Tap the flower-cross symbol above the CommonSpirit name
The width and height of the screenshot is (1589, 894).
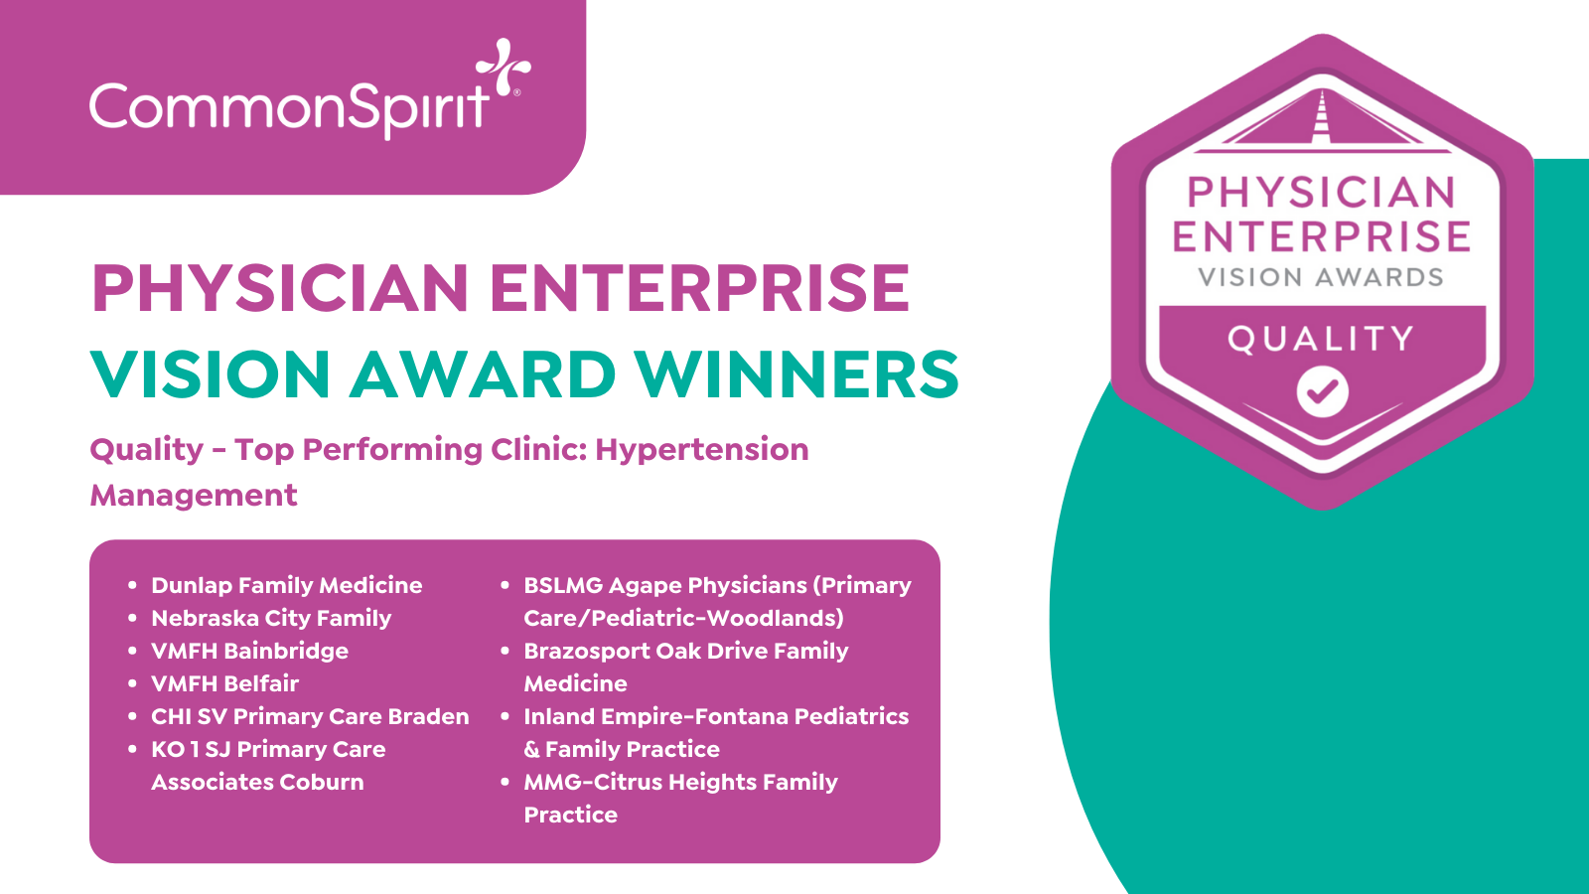tap(503, 66)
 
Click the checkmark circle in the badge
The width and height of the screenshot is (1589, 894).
tap(1322, 391)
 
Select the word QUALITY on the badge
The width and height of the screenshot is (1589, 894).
tap(1321, 339)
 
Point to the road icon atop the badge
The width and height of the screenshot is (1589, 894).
tap(1322, 121)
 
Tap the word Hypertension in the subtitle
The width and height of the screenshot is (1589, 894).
tap(701, 450)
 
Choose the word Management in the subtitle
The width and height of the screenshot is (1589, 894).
tap(194, 496)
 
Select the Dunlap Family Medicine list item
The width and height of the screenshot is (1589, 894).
tap(287, 585)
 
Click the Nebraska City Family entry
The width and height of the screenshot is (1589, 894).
tap(271, 618)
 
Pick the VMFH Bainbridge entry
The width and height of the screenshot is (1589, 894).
tap(249, 651)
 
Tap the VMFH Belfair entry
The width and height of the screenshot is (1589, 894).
tap(224, 683)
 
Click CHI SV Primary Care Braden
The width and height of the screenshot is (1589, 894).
tap(310, 716)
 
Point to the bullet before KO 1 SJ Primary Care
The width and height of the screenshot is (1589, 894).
tap(132, 749)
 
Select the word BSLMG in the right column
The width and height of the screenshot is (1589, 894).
tap(563, 585)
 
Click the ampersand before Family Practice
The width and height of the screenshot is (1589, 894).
tap(531, 749)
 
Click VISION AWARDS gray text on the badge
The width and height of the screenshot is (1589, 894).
tap(1321, 277)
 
